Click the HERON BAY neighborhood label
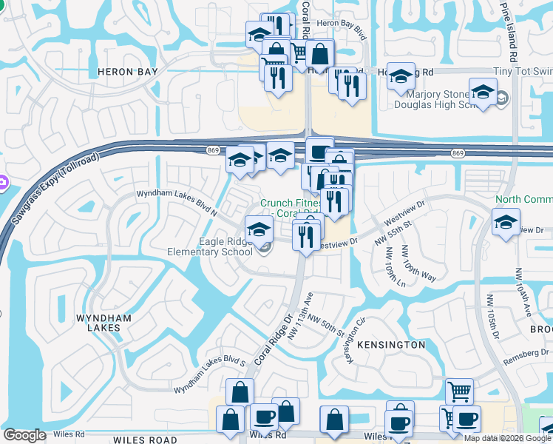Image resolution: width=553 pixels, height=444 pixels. point(128,72)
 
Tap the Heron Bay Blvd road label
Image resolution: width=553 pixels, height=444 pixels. point(341,35)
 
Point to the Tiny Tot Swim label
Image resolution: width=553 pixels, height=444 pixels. point(523,71)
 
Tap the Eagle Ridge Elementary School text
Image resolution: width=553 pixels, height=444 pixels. point(226,246)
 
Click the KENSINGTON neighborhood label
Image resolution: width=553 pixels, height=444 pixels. point(391,345)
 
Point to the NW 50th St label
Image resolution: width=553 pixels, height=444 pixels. point(326,326)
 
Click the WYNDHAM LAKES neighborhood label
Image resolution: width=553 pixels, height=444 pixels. point(104,323)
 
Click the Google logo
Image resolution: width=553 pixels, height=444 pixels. point(24,435)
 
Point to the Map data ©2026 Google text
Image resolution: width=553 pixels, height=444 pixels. point(508,438)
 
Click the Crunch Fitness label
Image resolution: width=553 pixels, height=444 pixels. point(291,203)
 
